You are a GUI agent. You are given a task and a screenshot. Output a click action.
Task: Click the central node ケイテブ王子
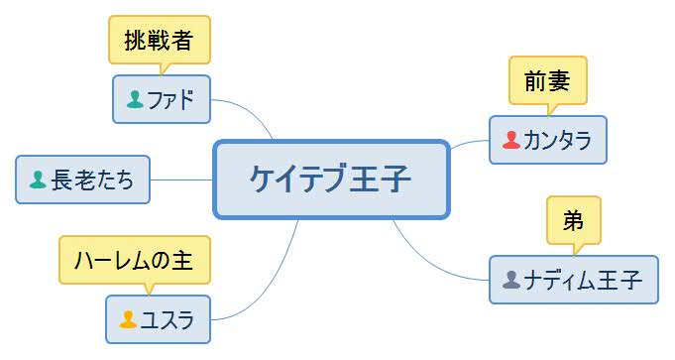tap(332, 179)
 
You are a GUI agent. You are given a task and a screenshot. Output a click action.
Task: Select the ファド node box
tap(162, 99)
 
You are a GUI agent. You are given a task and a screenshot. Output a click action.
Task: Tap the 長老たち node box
tap(83, 180)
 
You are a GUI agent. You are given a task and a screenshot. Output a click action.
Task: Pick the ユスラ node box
tap(159, 319)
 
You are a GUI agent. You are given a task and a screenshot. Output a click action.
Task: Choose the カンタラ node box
tap(547, 140)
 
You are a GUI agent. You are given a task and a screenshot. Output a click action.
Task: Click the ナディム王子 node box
tap(573, 280)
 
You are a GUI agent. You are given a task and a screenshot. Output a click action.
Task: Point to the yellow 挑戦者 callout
tap(159, 41)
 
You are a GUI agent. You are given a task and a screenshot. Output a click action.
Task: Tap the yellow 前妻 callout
tap(547, 80)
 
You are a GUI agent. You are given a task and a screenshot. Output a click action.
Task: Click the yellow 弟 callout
tap(574, 220)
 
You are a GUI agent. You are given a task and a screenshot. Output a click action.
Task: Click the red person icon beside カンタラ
tap(511, 140)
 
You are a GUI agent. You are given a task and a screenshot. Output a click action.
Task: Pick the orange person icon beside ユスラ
tap(128, 319)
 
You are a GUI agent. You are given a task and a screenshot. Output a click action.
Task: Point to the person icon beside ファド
tap(136, 99)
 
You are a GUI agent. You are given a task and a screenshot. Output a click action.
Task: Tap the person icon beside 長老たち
tap(38, 180)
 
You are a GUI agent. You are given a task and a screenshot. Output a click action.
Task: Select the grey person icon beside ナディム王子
tap(511, 280)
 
